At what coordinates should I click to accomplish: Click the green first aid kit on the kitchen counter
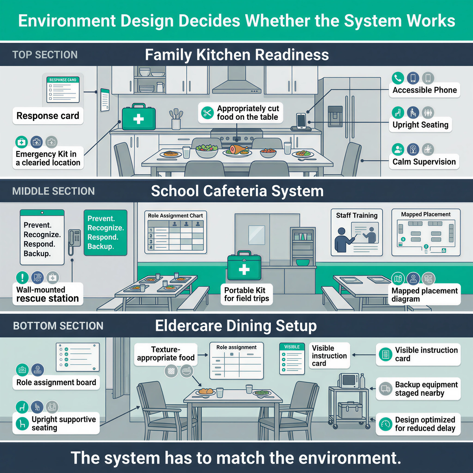pyautogui.click(x=138, y=118)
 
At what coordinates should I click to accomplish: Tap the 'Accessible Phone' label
pyautogui.click(x=425, y=90)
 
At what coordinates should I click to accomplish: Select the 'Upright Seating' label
pyautogui.click(x=420, y=125)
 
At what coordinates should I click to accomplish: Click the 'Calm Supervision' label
pyautogui.click(x=424, y=162)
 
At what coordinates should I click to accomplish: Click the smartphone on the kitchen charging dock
pyautogui.click(x=301, y=120)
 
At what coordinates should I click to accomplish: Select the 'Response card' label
pyautogui.click(x=48, y=116)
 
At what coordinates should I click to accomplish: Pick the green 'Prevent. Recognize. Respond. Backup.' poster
pyautogui.click(x=105, y=233)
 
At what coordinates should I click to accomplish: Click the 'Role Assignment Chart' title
pyautogui.click(x=175, y=216)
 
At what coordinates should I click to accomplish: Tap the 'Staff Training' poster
pyautogui.click(x=356, y=233)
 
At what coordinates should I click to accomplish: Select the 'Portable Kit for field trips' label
pyautogui.click(x=246, y=294)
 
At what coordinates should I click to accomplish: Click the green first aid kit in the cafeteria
pyautogui.click(x=244, y=266)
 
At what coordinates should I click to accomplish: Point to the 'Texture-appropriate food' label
pyautogui.click(x=166, y=354)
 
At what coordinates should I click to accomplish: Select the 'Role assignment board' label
pyautogui.click(x=56, y=382)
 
